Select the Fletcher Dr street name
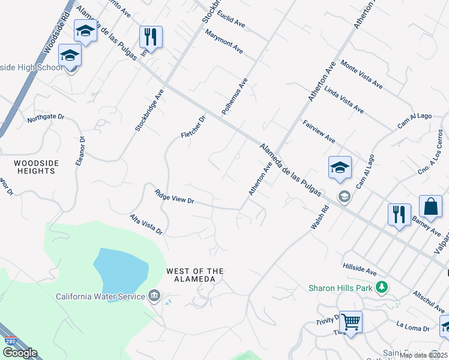coord(193,127)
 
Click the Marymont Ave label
coord(224,41)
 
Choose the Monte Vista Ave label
coord(361,73)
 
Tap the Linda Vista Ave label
coord(344,100)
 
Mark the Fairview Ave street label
coord(319,131)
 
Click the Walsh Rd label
coord(321,217)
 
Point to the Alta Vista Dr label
coord(146,223)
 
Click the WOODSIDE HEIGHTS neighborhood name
coord(35,167)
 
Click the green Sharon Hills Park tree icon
coord(381,287)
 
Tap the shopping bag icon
coord(430,207)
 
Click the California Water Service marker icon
coord(154,295)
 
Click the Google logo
coord(19,353)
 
